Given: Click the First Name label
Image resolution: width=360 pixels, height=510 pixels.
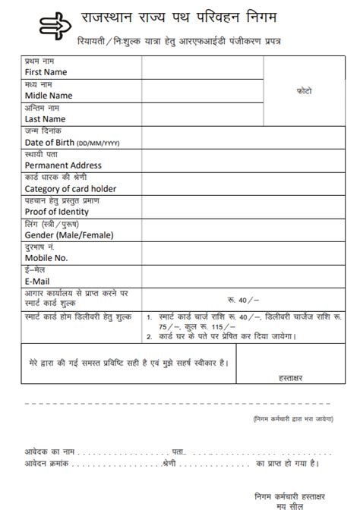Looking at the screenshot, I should pos(46,72).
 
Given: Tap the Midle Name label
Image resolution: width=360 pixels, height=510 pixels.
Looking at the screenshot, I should pos(49,96).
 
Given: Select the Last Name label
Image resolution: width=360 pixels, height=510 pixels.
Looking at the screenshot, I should pos(45,119).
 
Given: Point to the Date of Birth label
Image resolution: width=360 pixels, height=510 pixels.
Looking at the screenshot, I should pos(49,142).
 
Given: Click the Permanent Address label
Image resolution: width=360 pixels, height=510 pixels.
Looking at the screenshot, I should pos(63,165).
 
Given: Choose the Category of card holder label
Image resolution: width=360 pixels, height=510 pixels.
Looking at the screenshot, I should pos(71,189).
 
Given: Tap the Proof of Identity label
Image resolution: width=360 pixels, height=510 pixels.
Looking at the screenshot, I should pos(56,212).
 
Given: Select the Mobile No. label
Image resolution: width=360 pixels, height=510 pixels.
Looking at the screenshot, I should pos(46,258).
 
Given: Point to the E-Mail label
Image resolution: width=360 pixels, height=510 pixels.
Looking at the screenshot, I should pos(37,282).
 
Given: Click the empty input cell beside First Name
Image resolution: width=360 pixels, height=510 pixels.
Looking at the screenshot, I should pos(202,68).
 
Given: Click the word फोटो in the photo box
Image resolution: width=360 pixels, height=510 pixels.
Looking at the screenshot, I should pos(303,91).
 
